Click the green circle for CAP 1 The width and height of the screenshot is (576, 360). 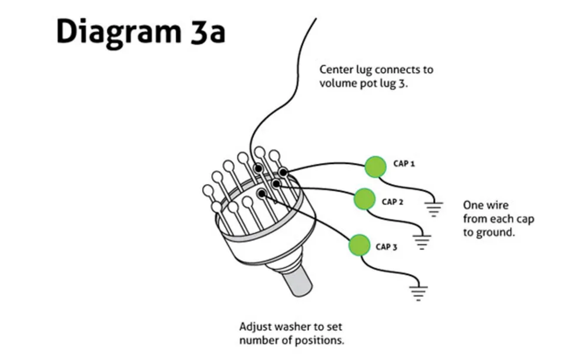point(375,167)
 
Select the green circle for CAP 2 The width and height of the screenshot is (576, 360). point(364,199)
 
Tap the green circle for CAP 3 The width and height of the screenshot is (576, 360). point(359,245)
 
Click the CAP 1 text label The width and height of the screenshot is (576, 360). point(404,164)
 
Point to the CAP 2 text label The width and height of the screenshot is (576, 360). point(393,202)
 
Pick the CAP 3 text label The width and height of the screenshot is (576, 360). point(387,247)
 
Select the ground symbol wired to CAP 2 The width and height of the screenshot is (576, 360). point(421,241)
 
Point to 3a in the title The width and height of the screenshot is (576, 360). point(208,32)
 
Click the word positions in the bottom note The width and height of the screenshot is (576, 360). point(322,340)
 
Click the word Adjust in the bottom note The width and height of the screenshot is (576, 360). point(255,326)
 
